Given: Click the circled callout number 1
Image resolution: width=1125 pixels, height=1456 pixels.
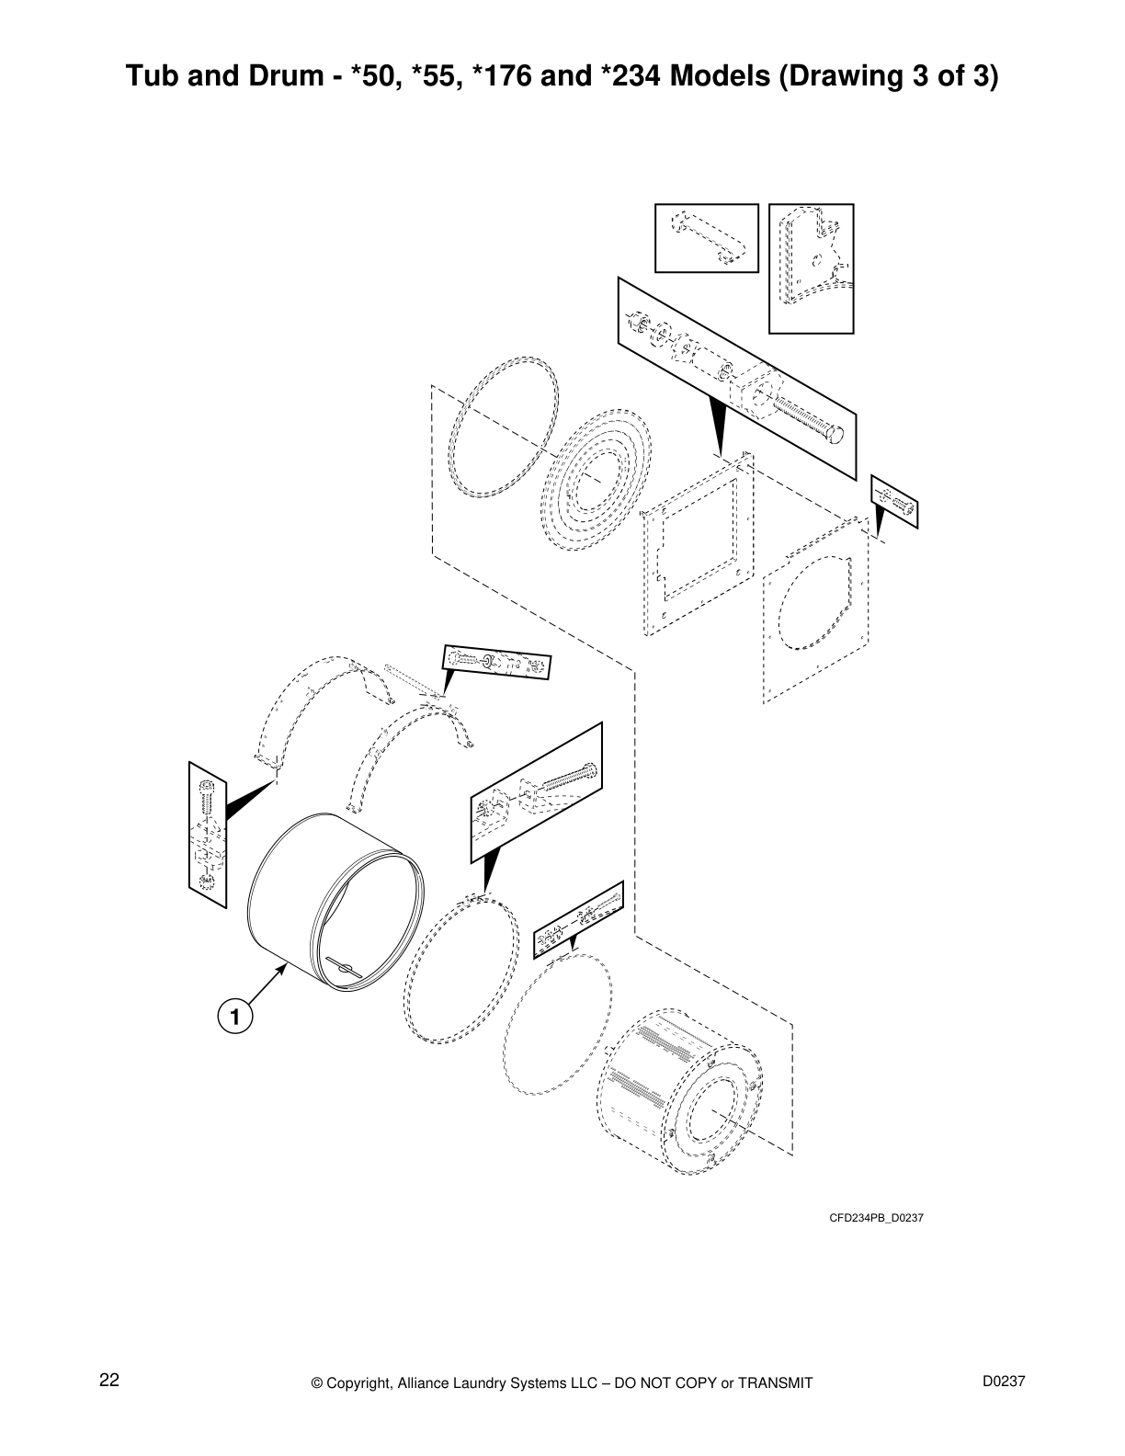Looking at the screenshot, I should tap(234, 1017).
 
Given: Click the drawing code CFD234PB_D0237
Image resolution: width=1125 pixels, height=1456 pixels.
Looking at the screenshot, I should tap(876, 1218).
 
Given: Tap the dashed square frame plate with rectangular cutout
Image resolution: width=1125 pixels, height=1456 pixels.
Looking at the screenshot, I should tap(699, 542).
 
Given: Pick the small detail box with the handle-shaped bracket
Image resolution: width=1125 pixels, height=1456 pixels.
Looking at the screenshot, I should tap(706, 238).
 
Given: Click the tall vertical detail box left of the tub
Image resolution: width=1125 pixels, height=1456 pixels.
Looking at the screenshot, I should tap(207, 835).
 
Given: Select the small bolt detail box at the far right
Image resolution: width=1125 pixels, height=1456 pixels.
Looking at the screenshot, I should tap(894, 502).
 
